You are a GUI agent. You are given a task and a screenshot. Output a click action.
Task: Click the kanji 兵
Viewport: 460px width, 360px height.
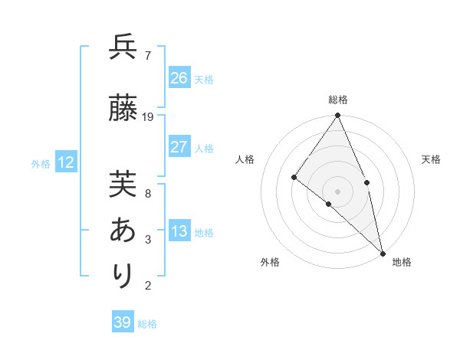(123, 47)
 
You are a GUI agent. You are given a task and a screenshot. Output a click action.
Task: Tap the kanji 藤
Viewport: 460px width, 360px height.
(123, 109)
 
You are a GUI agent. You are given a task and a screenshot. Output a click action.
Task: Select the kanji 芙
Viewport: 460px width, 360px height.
(123, 184)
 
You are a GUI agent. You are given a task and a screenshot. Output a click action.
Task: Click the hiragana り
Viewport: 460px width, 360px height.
(123, 275)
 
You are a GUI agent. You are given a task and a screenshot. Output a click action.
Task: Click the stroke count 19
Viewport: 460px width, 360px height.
(148, 117)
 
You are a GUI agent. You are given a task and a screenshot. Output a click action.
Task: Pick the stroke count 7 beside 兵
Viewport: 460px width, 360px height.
(147, 55)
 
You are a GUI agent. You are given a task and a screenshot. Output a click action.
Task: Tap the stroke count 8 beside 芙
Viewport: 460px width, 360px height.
(147, 193)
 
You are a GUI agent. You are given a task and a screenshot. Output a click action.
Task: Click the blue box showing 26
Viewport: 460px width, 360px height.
(179, 77)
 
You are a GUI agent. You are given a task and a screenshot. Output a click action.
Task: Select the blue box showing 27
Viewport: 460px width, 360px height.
(179, 147)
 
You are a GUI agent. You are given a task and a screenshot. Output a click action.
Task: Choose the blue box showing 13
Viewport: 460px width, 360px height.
(179, 231)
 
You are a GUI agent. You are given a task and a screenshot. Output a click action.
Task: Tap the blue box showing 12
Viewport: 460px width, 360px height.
(66, 162)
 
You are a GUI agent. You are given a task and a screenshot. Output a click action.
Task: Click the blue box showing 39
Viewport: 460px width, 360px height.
(122, 322)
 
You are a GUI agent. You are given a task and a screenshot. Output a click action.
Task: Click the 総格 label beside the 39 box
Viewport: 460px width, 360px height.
(147, 324)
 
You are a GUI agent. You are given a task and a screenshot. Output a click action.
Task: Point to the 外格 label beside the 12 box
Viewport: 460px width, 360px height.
(41, 164)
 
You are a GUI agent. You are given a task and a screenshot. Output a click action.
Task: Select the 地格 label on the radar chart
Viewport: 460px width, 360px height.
(402, 262)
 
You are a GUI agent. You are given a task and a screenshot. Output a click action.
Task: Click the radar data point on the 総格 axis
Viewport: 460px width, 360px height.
(337, 116)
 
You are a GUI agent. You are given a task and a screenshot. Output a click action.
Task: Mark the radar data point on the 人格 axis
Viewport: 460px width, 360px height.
(294, 177)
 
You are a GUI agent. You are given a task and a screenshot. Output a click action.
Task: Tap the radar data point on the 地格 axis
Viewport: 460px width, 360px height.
(382, 253)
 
